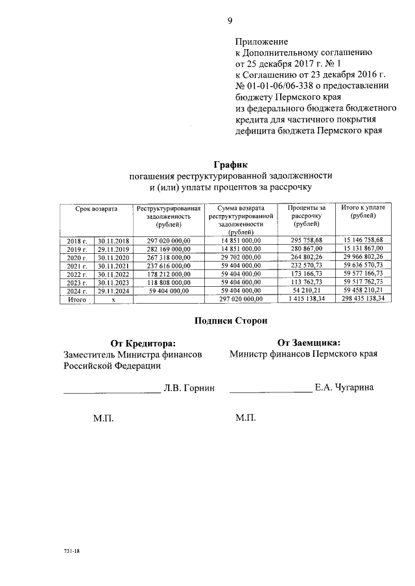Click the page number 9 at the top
(230, 20)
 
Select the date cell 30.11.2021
(113, 265)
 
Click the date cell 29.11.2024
(113, 291)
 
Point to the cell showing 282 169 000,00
(167, 249)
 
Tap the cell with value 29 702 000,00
(241, 257)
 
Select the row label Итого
(77, 300)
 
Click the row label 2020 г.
(77, 257)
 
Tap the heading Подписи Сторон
(230, 320)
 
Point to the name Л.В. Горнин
(189, 388)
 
